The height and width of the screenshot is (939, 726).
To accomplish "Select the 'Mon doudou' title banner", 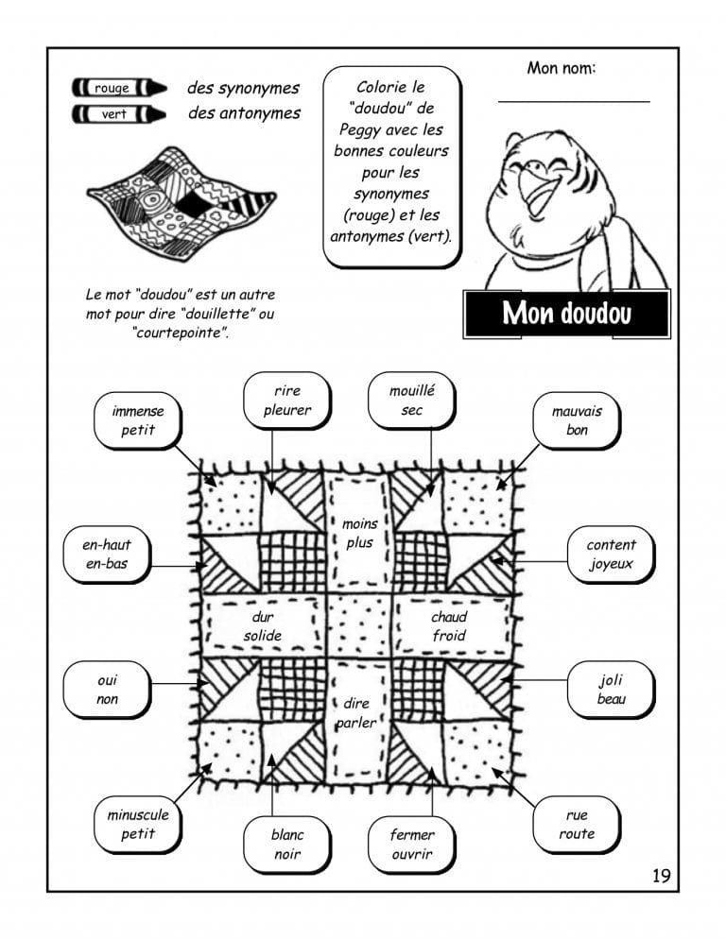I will pyautogui.click(x=566, y=314).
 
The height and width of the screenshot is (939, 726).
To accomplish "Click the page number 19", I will pyautogui.click(x=661, y=876).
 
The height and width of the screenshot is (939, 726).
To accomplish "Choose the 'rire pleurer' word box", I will pyautogui.click(x=287, y=401).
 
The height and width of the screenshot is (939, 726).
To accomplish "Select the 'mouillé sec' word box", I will pyautogui.click(x=412, y=401).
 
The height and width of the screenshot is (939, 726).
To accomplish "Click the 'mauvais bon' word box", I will pyautogui.click(x=577, y=420).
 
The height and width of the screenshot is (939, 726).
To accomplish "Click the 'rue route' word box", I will pyautogui.click(x=577, y=824).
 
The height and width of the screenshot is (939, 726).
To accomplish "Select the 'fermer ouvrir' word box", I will pyautogui.click(x=412, y=845).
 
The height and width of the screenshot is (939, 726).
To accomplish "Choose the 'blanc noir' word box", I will pyautogui.click(x=287, y=845).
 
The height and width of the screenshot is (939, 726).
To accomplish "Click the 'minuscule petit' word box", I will pyautogui.click(x=138, y=824).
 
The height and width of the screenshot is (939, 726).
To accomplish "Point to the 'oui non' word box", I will pyautogui.click(x=108, y=689).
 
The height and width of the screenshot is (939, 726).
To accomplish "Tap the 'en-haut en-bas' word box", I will pyautogui.click(x=108, y=555).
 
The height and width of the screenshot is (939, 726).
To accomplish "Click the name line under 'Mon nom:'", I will pyautogui.click(x=574, y=99).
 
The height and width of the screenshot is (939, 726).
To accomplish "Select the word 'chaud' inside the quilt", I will pyautogui.click(x=449, y=617).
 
